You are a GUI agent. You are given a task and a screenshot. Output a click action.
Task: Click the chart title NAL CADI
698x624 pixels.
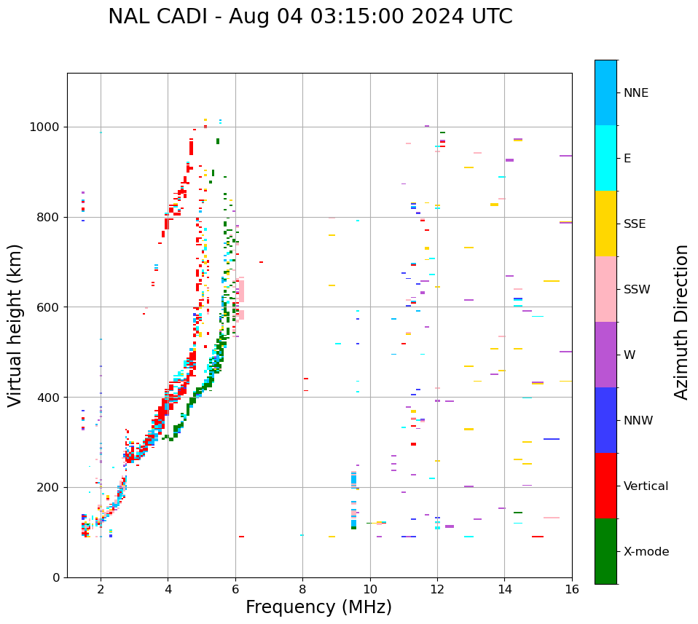pos(310,17)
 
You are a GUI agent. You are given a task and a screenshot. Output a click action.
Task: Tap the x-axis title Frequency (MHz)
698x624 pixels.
pos(318,607)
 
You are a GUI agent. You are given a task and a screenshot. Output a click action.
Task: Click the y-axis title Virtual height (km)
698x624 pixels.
pos(15,325)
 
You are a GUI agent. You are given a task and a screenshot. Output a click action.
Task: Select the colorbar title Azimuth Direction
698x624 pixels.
pos(681,322)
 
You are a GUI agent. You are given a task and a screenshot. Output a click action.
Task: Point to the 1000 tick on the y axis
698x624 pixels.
pos(49,127)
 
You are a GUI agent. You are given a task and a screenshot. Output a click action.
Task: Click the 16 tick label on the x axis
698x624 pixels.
pos(572,589)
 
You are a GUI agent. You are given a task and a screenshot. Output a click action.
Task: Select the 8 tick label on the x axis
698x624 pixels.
pos(302,589)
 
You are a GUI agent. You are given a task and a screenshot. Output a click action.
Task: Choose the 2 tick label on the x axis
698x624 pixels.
pos(101,589)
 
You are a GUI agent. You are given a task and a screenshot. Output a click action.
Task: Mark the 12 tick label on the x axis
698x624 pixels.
pos(437,589)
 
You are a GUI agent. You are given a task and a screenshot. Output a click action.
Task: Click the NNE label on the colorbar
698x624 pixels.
pos(635,93)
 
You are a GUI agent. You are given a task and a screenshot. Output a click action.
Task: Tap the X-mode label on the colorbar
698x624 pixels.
pos(646,552)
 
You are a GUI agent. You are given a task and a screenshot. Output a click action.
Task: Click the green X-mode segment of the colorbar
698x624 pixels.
pos(605,551)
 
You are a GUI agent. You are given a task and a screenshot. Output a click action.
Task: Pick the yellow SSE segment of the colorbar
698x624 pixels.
pos(605,224)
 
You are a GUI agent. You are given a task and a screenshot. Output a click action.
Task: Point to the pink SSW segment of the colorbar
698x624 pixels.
pos(605,289)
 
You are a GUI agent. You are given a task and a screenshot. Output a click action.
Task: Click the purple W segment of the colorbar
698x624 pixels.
pos(605,355)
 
